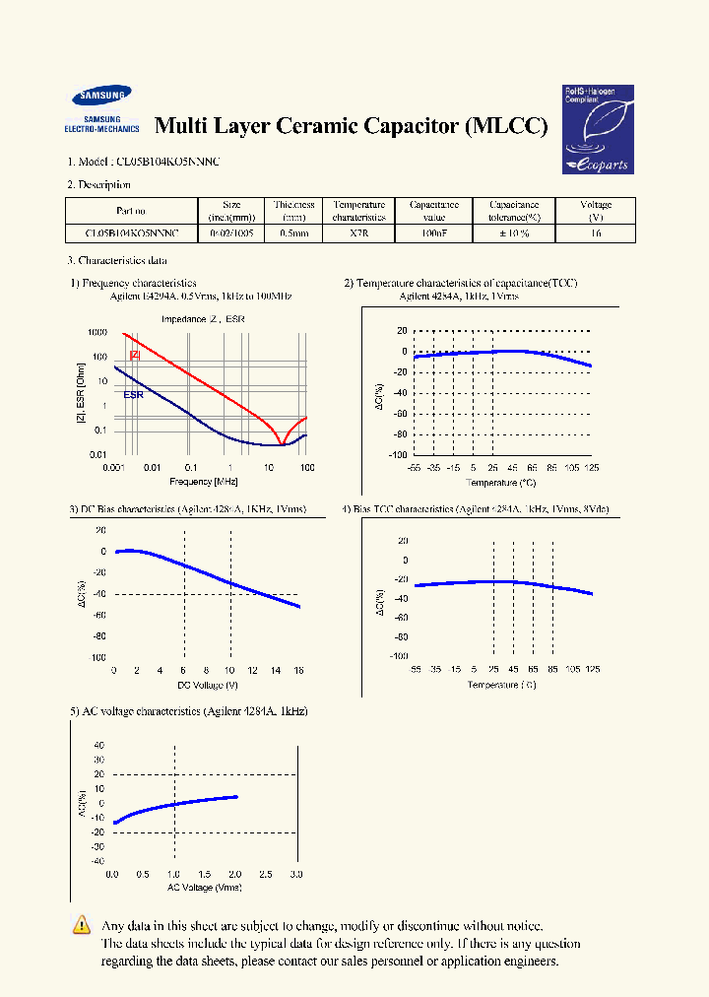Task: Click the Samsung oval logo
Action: (x=100, y=97)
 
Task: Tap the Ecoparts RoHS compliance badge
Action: (x=597, y=129)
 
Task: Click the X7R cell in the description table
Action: (x=358, y=234)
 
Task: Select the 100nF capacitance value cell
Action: (x=434, y=234)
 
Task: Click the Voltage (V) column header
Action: (x=596, y=211)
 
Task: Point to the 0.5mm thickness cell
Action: (x=293, y=234)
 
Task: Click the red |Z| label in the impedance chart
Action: (x=135, y=355)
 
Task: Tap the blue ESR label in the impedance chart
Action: (x=134, y=395)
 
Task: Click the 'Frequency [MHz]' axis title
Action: (x=204, y=481)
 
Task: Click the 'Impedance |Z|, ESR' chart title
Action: (x=204, y=319)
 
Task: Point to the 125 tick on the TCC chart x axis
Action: (x=591, y=468)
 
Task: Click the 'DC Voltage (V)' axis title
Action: (x=207, y=684)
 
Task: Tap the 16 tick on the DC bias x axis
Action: (x=299, y=670)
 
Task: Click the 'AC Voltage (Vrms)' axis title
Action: (x=204, y=888)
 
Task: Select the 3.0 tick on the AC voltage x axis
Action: (x=296, y=875)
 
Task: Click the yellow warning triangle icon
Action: (x=82, y=925)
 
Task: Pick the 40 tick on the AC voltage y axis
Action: (x=98, y=745)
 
